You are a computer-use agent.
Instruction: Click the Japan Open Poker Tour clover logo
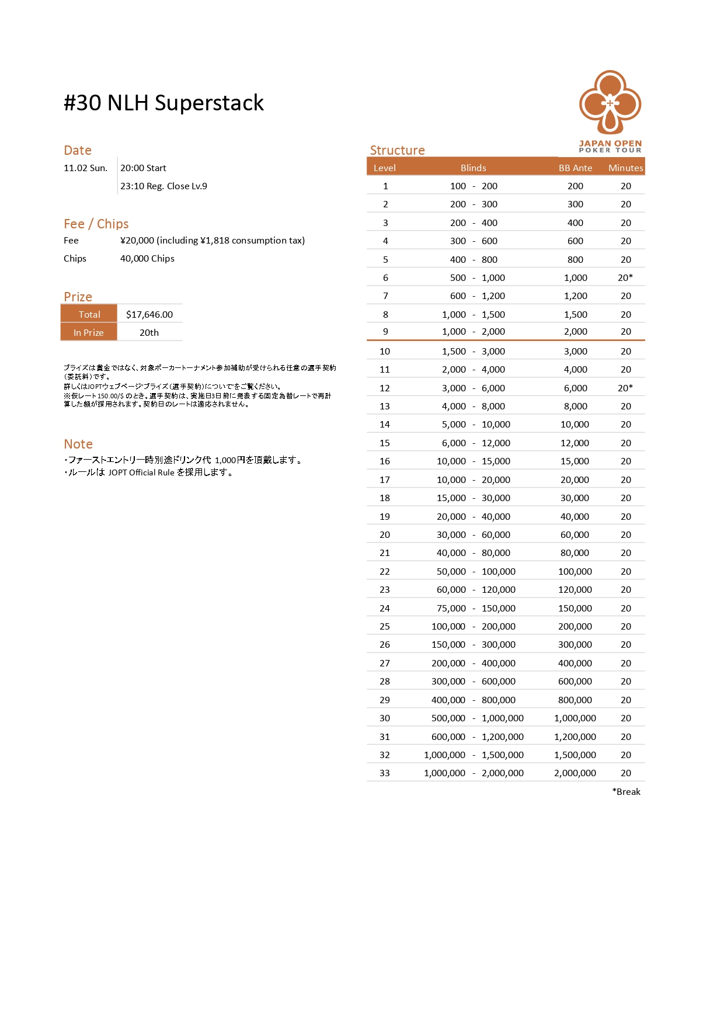(x=610, y=103)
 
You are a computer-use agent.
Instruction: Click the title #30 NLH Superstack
(x=163, y=103)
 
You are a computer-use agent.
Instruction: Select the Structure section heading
(x=397, y=150)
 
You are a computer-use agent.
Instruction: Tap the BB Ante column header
(x=575, y=168)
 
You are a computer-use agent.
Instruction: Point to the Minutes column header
(x=625, y=168)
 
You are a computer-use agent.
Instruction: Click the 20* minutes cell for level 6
(x=625, y=277)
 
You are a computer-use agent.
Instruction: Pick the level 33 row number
(x=385, y=773)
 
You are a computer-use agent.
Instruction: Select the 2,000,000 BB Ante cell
(x=575, y=773)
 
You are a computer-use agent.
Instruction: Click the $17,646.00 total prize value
(x=149, y=314)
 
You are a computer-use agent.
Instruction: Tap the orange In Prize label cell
(x=89, y=332)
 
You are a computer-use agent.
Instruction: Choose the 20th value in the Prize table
(x=149, y=332)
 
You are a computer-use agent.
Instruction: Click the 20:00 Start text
(x=143, y=168)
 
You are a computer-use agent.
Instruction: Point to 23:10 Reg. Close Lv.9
(x=163, y=186)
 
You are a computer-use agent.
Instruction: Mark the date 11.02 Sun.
(x=85, y=168)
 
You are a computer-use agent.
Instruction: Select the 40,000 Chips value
(x=147, y=258)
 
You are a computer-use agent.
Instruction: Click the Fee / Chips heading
(x=96, y=224)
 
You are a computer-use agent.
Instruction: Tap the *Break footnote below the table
(x=626, y=791)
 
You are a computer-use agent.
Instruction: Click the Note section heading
(x=78, y=444)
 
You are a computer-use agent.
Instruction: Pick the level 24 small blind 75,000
(x=451, y=608)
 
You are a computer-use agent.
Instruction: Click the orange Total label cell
(x=89, y=314)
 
